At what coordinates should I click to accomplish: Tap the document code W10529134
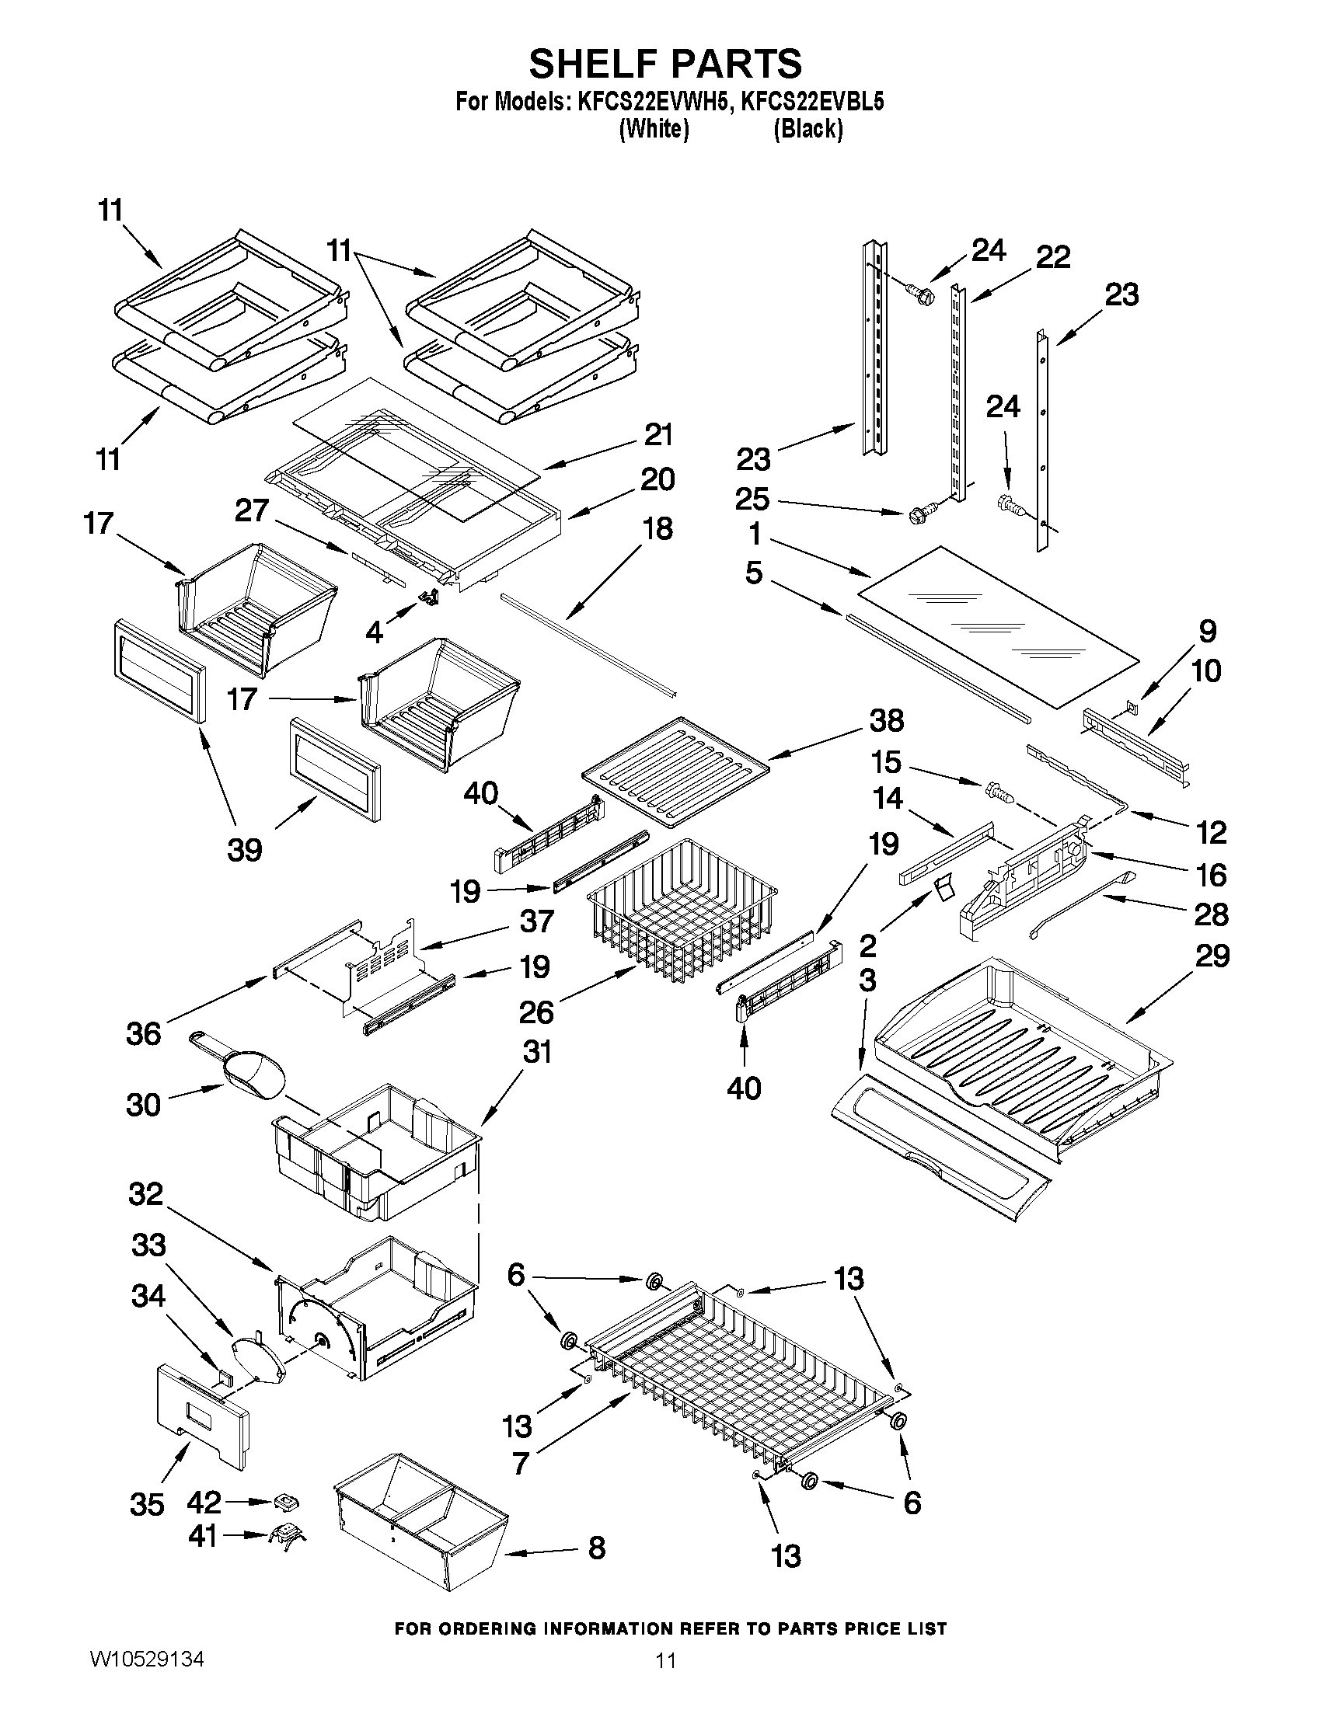(x=147, y=1659)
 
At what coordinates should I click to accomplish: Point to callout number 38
(x=886, y=720)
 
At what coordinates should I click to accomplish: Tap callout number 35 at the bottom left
(x=147, y=1504)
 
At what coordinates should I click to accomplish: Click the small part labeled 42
(x=287, y=1502)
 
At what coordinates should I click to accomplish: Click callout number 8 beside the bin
(x=597, y=1548)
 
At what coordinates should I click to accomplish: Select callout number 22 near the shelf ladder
(x=1052, y=257)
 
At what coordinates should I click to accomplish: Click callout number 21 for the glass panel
(x=658, y=434)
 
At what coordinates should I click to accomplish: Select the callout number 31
(x=537, y=1052)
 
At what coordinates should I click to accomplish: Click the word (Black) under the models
(x=808, y=129)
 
